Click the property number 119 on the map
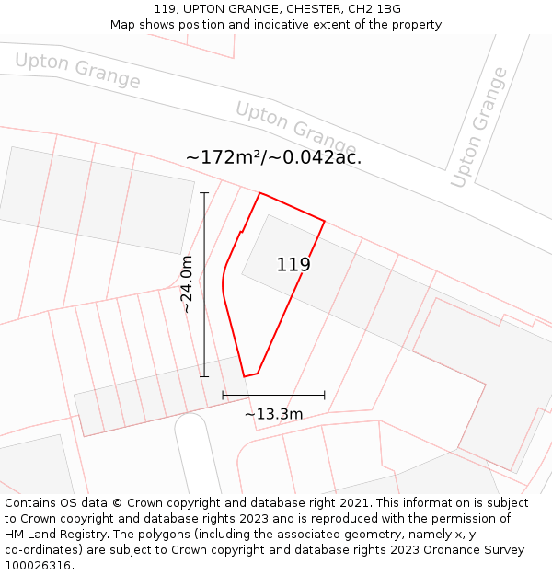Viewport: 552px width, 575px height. [x=293, y=265]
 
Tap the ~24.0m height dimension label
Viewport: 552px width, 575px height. [x=187, y=284]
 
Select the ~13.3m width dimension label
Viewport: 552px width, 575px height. [x=273, y=414]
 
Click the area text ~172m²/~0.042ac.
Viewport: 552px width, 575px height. [x=273, y=157]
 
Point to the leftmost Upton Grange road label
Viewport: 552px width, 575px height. [x=77, y=71]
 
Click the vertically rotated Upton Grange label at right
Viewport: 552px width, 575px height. [x=478, y=128]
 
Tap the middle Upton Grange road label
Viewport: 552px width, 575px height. [x=295, y=128]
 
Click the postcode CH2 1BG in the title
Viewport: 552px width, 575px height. [x=374, y=9]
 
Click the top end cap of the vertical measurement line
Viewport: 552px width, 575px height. [x=204, y=193]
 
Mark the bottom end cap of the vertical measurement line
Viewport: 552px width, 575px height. [x=204, y=376]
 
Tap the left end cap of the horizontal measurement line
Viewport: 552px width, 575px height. [x=223, y=396]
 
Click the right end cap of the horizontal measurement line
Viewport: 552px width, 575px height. [x=325, y=396]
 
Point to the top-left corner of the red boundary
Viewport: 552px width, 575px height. [x=259, y=193]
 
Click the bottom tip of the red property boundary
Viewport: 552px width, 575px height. [x=245, y=376]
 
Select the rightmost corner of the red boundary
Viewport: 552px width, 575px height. [x=325, y=221]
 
